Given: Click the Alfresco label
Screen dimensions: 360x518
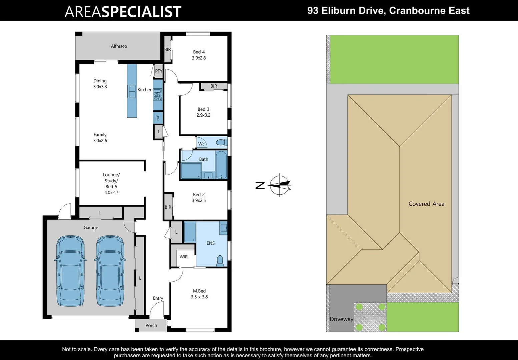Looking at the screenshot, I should (119, 46).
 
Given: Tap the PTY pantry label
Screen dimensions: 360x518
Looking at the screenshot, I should (159, 71).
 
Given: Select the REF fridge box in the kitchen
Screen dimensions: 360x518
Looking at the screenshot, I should (158, 118).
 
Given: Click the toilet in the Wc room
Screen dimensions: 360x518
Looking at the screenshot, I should (221, 143).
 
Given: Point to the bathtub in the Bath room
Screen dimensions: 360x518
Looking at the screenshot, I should (221, 165).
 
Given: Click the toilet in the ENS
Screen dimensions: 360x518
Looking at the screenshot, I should (220, 260).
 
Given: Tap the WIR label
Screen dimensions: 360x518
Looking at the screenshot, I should (183, 257).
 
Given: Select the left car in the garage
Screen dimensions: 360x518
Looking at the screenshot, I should (70, 271).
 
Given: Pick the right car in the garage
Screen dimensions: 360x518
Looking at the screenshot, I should (110, 271).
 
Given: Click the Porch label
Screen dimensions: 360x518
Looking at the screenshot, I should (151, 325).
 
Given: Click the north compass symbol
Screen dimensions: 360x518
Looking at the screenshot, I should (280, 185).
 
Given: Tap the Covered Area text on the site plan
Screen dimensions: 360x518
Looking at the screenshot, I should (426, 204).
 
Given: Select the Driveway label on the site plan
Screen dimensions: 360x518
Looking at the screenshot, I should (341, 319).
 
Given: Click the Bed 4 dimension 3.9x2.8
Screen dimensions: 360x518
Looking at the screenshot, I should (199, 58).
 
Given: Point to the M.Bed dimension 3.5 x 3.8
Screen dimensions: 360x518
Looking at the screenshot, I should (199, 297).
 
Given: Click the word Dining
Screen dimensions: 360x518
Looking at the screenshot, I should (100, 81).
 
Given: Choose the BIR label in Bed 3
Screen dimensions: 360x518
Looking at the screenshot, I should (214, 86).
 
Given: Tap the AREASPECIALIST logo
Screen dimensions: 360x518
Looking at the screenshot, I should (123, 12).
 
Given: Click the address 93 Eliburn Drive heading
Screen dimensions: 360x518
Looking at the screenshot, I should (388, 11).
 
